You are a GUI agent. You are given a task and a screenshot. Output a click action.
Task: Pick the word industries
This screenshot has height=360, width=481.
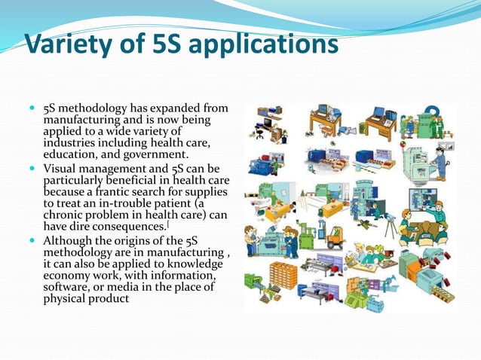(x=72, y=143)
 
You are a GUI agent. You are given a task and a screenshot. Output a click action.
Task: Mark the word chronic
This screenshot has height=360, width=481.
(x=65, y=215)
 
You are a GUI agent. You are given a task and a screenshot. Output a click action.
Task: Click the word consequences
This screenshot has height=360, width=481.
(x=112, y=227)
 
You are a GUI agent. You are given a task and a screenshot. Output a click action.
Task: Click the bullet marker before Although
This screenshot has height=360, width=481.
(x=35, y=240)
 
